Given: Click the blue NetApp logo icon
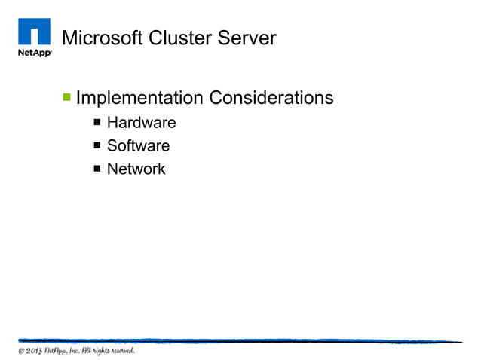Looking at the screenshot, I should click(33, 32).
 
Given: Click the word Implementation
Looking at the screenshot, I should click(139, 99).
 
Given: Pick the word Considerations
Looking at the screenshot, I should click(271, 99).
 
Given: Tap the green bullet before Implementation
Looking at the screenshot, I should click(67, 97).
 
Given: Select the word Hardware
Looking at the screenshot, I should click(141, 123).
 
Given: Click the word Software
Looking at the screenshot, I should click(138, 146).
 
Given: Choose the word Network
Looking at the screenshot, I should click(136, 169).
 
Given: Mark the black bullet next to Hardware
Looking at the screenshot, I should click(97, 122).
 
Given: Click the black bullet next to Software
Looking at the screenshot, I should click(97, 145).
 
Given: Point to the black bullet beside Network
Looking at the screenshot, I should click(97, 169).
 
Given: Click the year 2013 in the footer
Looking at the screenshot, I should click(36, 351).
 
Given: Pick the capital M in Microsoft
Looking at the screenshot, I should click(68, 38).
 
